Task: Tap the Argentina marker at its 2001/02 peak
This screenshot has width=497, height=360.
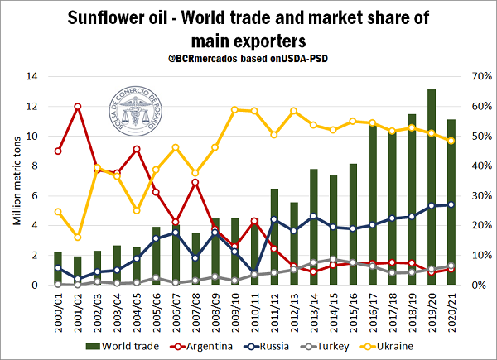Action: click(x=77, y=106)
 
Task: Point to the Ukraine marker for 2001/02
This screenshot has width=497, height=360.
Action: click(x=77, y=238)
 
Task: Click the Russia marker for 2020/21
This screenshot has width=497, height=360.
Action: click(x=451, y=204)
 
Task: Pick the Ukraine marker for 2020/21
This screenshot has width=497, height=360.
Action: click(x=451, y=141)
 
